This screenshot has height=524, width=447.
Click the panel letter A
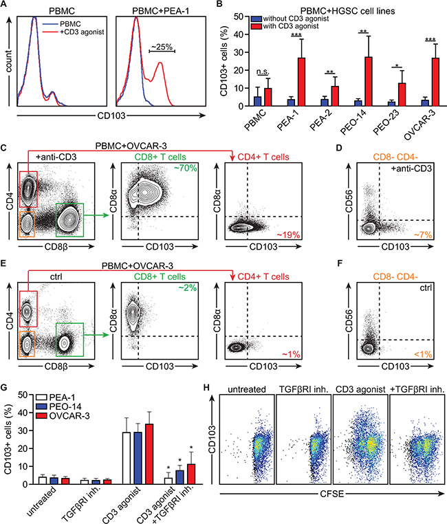6,6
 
